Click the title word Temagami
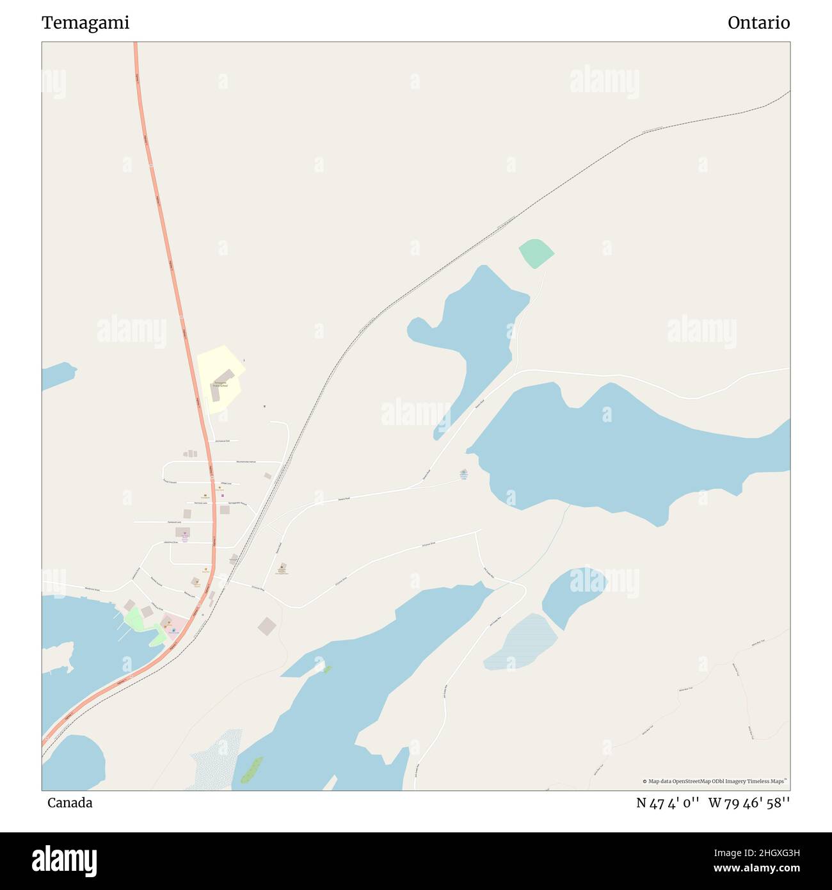tap(85, 23)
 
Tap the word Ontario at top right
tap(758, 23)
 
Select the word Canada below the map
tap(70, 803)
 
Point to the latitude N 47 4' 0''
tap(668, 803)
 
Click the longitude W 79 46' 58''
tap(749, 803)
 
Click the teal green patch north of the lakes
tap(536, 253)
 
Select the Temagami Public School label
tap(220, 384)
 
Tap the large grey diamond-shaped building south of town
tap(267, 626)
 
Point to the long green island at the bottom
tap(252, 770)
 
